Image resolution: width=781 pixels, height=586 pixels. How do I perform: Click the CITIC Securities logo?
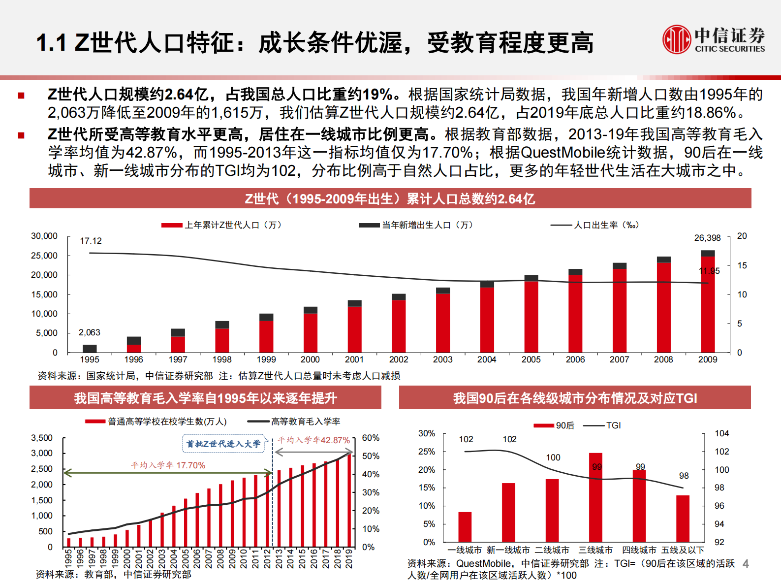tap(713, 39)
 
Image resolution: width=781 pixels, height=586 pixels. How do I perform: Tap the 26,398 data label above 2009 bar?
tap(707, 238)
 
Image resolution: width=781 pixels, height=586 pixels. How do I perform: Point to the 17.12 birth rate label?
tap(91, 241)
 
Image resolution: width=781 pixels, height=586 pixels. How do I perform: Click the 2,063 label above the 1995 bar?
tap(89, 333)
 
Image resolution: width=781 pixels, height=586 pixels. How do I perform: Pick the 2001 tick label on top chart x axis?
tap(354, 359)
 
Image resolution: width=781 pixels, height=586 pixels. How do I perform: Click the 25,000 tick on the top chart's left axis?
tap(44, 256)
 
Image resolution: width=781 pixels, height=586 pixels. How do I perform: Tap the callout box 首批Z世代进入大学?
tap(223, 444)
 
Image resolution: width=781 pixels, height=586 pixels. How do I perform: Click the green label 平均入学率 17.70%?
tap(168, 465)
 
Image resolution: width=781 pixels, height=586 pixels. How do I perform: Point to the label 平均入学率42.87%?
tap(313, 440)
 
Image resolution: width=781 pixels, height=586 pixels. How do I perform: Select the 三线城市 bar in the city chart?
tap(595, 497)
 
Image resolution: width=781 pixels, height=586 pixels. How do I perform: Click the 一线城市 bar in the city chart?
tap(465, 527)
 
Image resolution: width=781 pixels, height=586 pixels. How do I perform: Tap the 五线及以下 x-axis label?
tap(683, 550)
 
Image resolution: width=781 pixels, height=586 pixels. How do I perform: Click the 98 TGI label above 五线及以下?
tap(684, 476)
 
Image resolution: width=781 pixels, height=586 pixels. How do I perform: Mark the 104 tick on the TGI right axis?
tap(721, 433)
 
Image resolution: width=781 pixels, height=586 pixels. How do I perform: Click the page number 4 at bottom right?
tap(746, 564)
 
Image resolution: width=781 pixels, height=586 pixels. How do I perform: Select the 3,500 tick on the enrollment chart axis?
tap(42, 438)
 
